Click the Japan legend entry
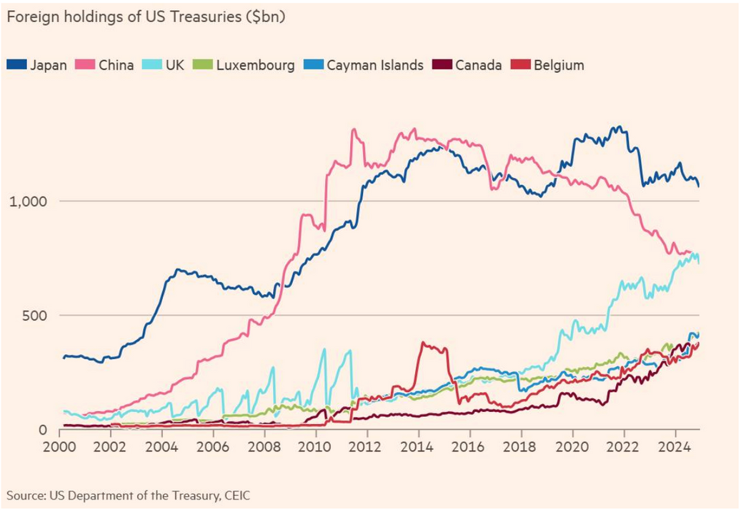point(37,65)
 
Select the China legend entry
point(106,65)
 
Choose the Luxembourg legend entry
point(247,65)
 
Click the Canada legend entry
point(468,65)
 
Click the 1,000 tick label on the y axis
point(26,201)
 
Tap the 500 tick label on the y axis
point(34,315)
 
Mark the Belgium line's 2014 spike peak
point(424,343)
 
